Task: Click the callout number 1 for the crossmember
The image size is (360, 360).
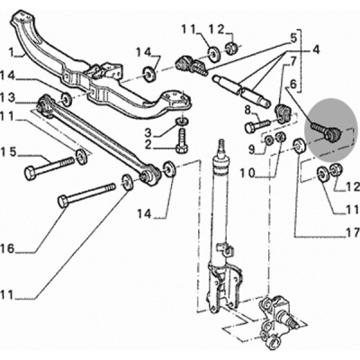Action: pyautogui.click(x=12, y=53)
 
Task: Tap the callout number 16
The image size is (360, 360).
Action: pyautogui.click(x=7, y=248)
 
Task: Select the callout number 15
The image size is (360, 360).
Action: pyautogui.click(x=8, y=152)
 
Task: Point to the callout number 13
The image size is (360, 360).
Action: pyautogui.click(x=7, y=98)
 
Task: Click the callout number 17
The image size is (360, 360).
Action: pyautogui.click(x=353, y=232)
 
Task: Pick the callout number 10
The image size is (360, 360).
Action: pyautogui.click(x=247, y=174)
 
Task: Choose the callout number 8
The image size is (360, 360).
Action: pyautogui.click(x=247, y=110)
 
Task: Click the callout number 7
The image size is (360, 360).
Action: pyautogui.click(x=284, y=62)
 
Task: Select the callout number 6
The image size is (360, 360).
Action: pyautogui.click(x=292, y=84)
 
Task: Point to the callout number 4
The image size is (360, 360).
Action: pyautogui.click(x=316, y=49)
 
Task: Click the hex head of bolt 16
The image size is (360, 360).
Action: pyautogui.click(x=64, y=202)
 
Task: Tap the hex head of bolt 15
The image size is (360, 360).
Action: pyautogui.click(x=30, y=174)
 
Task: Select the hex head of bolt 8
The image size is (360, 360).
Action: pyautogui.click(x=251, y=128)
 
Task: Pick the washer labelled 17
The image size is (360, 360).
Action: pyautogui.click(x=299, y=145)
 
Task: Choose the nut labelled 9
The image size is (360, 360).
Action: pyautogui.click(x=268, y=139)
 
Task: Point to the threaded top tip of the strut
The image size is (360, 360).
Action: pyautogui.click(x=221, y=142)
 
